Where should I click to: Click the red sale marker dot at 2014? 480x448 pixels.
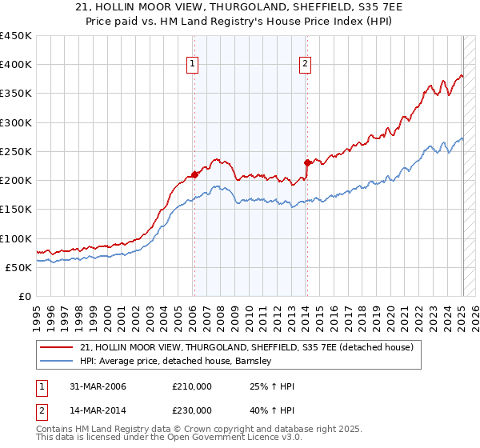pos(306,162)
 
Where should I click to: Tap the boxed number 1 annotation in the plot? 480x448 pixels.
pos(194,66)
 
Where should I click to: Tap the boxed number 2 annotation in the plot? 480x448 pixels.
pos(306,66)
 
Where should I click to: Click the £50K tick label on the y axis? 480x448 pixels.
pos(19,267)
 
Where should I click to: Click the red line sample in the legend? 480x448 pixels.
pos(57,347)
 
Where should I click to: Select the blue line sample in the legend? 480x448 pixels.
pos(57,362)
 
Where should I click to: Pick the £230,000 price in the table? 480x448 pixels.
pos(192,410)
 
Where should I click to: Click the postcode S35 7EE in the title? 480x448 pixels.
pos(345,8)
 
